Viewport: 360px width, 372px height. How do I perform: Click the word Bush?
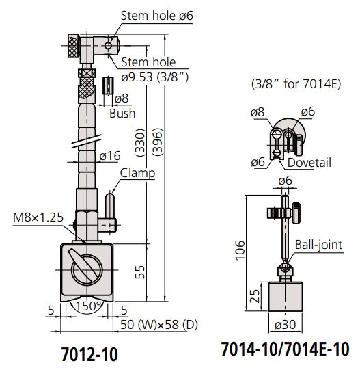[123, 113]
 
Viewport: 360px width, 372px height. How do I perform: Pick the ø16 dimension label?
[111, 157]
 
